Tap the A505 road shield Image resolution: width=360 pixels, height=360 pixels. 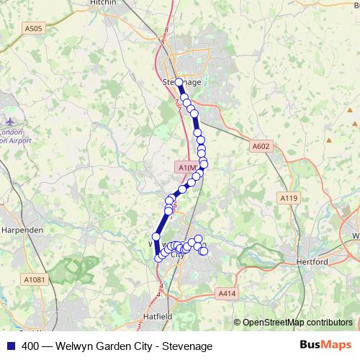tap(33, 28)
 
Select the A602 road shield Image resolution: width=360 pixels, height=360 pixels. tap(261, 146)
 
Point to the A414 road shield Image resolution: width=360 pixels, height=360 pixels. tap(226, 293)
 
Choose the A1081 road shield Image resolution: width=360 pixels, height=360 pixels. tap(34, 279)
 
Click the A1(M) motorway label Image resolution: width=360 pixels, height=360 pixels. tap(187, 167)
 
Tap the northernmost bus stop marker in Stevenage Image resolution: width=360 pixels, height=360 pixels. tap(179, 82)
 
